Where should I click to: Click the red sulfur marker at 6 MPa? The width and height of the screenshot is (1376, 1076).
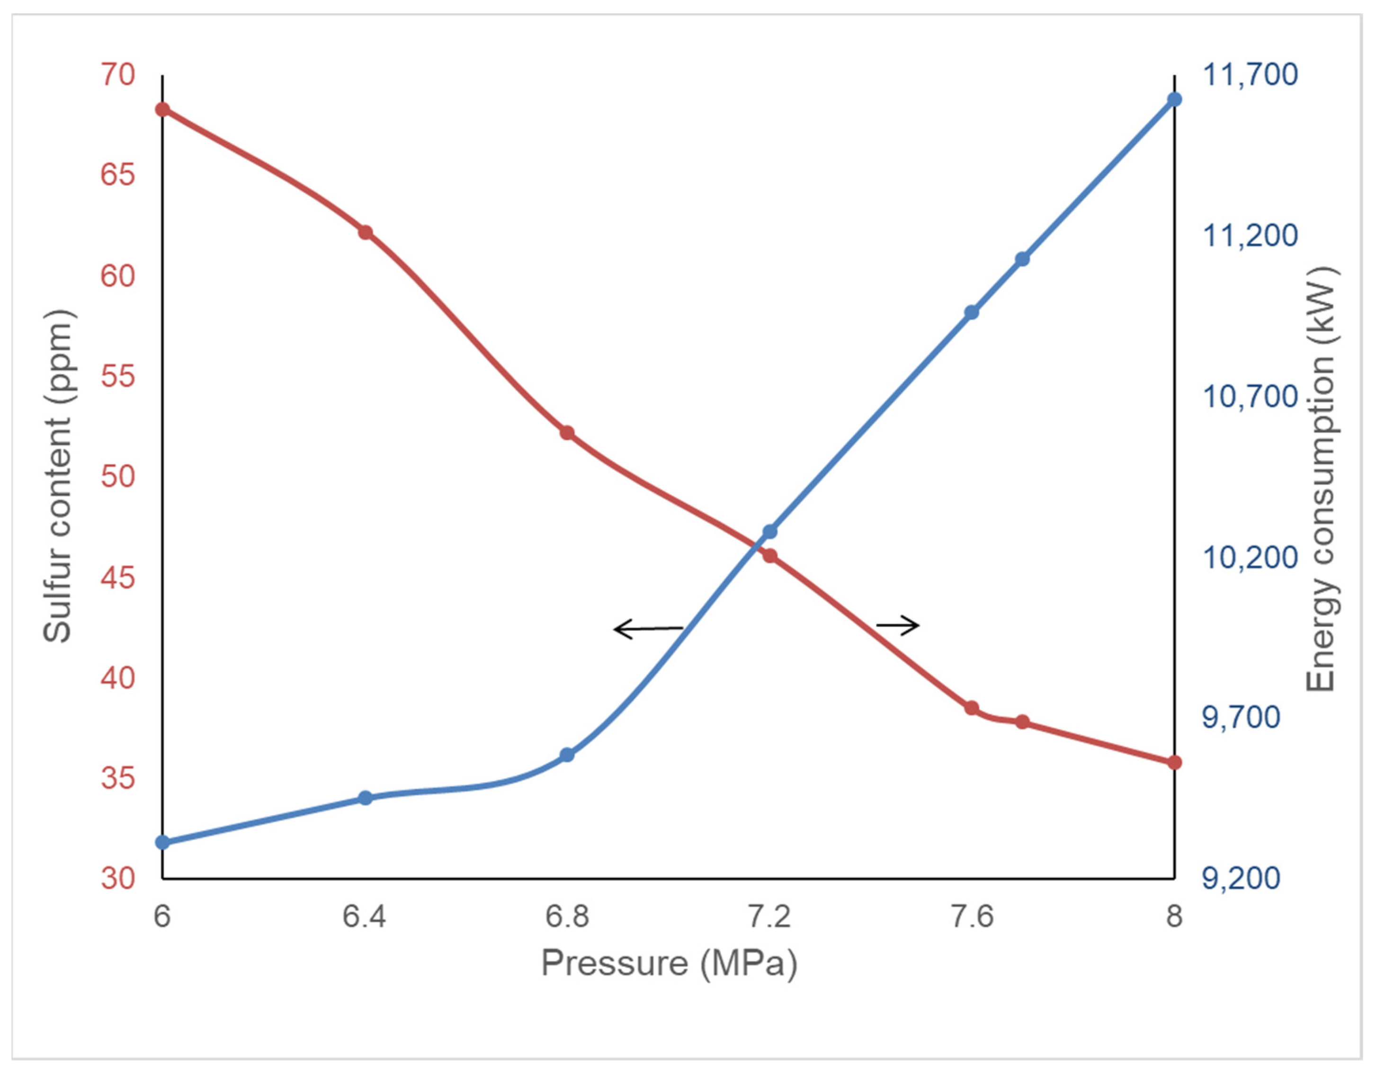162,110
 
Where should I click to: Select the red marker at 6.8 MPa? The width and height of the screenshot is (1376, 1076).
567,433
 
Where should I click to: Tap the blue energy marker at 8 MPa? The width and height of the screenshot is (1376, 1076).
1174,99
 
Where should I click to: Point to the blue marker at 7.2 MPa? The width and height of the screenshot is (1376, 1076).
769,532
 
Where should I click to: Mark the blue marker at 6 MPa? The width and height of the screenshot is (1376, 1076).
162,842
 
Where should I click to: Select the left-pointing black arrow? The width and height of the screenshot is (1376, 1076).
648,629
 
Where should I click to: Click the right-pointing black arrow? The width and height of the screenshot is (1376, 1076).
898,625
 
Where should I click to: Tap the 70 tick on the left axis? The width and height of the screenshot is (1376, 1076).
118,75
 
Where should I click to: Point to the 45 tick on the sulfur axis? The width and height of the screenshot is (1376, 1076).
118,577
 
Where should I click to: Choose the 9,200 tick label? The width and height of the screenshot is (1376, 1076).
1241,878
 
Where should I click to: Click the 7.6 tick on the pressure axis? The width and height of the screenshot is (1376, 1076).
972,916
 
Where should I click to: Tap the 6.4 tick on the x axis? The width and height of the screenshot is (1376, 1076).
364,916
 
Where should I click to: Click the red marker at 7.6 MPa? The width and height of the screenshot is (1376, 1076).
972,708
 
